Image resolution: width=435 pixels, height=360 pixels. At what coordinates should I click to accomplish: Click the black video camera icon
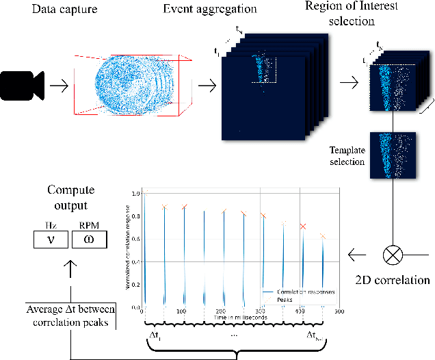click(24, 86)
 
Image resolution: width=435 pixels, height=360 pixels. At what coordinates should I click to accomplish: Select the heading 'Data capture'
click(51, 10)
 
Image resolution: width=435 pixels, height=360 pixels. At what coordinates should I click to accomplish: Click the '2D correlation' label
click(393, 280)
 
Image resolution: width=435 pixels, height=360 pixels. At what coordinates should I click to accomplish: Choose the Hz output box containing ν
click(51, 239)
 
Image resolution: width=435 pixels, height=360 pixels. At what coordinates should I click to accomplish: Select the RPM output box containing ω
click(89, 239)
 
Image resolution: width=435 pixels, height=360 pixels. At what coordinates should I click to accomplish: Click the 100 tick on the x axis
click(182, 311)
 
